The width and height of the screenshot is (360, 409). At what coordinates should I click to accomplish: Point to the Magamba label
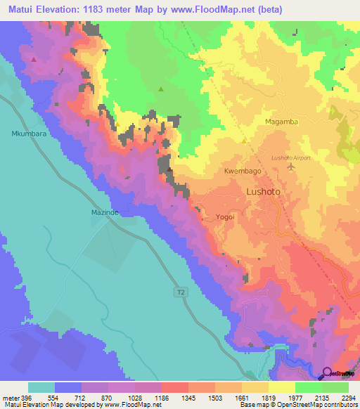pyautogui.click(x=282, y=122)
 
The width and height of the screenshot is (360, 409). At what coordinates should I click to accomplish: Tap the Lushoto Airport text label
pyautogui.click(x=290, y=158)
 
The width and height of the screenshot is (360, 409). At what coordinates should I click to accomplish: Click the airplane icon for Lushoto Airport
pyautogui.click(x=306, y=158)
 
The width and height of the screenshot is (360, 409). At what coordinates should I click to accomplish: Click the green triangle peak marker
pyautogui.click(x=161, y=89)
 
